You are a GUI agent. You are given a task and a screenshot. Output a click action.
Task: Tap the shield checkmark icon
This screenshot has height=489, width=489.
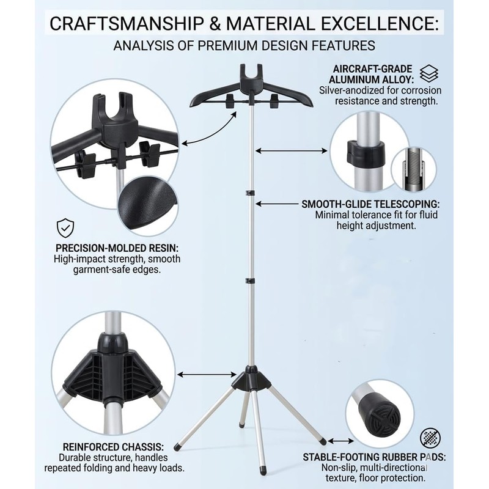(65, 228)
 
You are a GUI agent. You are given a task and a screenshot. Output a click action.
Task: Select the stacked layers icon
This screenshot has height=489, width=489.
(429, 74)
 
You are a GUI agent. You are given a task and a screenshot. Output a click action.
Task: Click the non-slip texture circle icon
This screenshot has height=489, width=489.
(430, 437)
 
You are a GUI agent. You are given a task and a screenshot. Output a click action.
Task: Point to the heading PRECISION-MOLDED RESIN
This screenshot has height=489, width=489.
(117, 248)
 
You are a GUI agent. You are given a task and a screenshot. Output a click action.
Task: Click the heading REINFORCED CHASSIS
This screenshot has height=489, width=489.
(113, 447)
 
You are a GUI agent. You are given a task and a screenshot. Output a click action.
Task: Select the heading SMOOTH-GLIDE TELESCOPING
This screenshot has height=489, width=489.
(370, 204)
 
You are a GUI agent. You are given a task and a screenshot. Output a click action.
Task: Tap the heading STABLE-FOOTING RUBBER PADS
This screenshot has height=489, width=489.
(374, 457)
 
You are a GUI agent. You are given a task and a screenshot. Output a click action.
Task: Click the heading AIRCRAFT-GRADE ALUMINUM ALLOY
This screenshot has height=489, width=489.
(371, 74)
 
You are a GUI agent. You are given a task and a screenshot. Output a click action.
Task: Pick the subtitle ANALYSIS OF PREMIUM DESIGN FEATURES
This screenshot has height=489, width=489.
(244, 45)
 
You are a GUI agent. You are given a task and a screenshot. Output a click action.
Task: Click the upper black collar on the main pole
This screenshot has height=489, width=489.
(251, 193)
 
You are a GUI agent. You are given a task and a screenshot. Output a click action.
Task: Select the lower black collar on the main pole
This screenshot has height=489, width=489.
(251, 281)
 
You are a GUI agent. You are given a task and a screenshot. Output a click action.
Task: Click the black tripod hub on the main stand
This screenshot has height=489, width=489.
(251, 378)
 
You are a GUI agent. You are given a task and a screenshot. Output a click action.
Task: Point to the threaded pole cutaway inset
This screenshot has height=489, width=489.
(414, 169)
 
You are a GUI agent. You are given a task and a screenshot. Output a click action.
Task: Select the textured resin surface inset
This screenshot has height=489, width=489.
(148, 202)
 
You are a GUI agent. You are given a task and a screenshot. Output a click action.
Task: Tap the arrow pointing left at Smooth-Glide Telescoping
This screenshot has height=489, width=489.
(277, 204)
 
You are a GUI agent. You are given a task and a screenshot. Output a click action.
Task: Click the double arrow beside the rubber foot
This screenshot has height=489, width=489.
(340, 441)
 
